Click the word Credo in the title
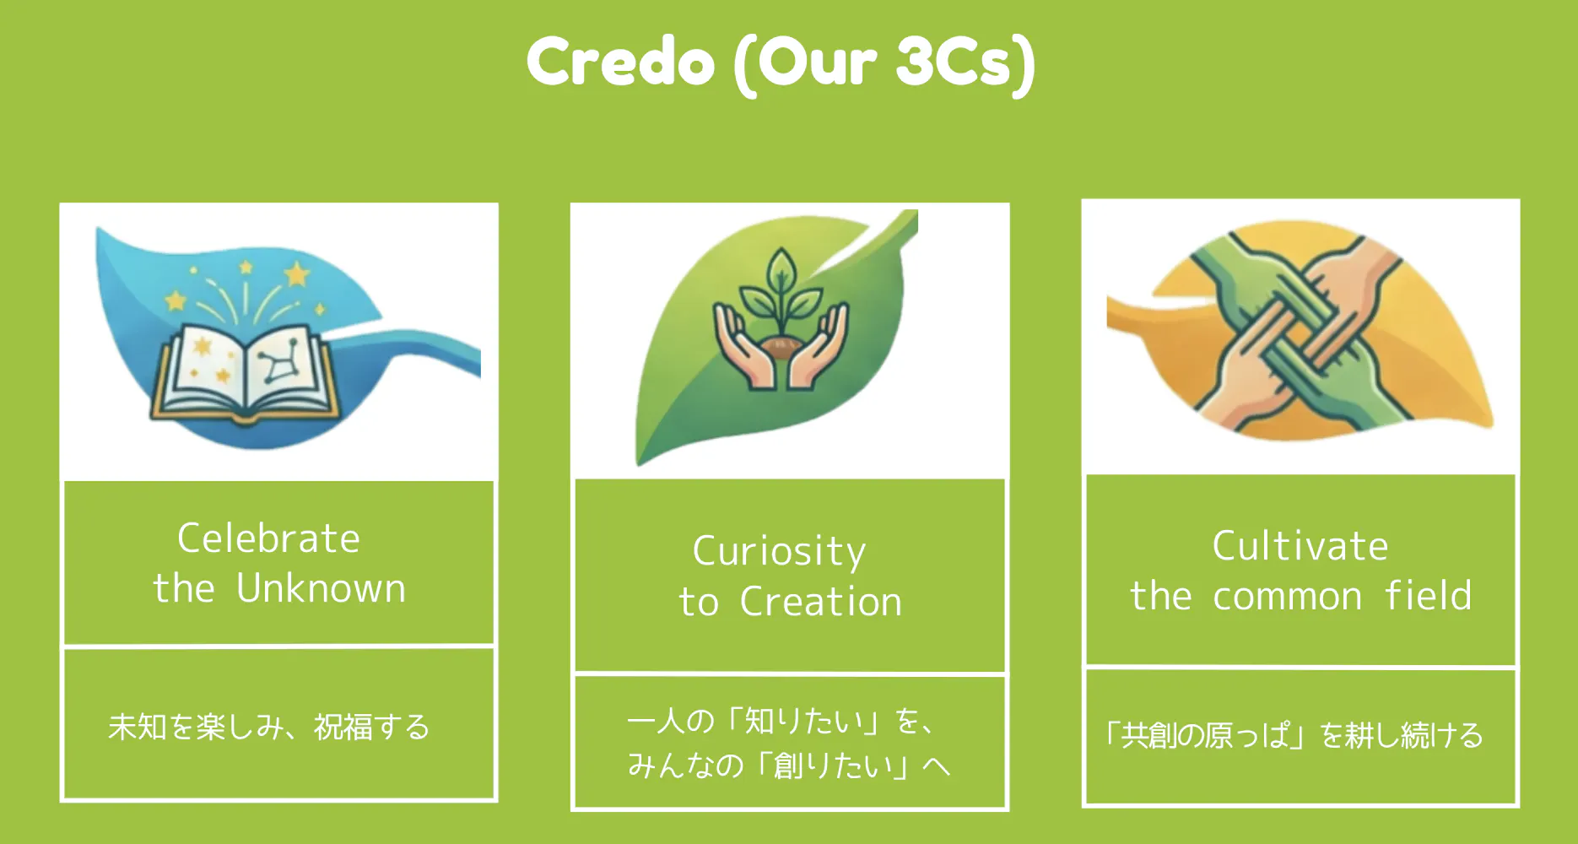(x=621, y=62)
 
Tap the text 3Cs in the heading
(x=954, y=62)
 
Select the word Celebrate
(x=268, y=538)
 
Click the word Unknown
(x=321, y=588)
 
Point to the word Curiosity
(x=779, y=552)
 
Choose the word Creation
(x=821, y=602)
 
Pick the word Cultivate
(x=1300, y=546)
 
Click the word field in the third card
(x=1428, y=595)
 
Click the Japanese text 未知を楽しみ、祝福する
(x=269, y=727)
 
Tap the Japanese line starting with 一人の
(x=780, y=721)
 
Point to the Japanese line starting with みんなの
(x=788, y=766)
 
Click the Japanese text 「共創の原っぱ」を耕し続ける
(x=1294, y=735)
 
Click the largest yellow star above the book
(x=296, y=274)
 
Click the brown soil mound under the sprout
(x=781, y=347)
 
